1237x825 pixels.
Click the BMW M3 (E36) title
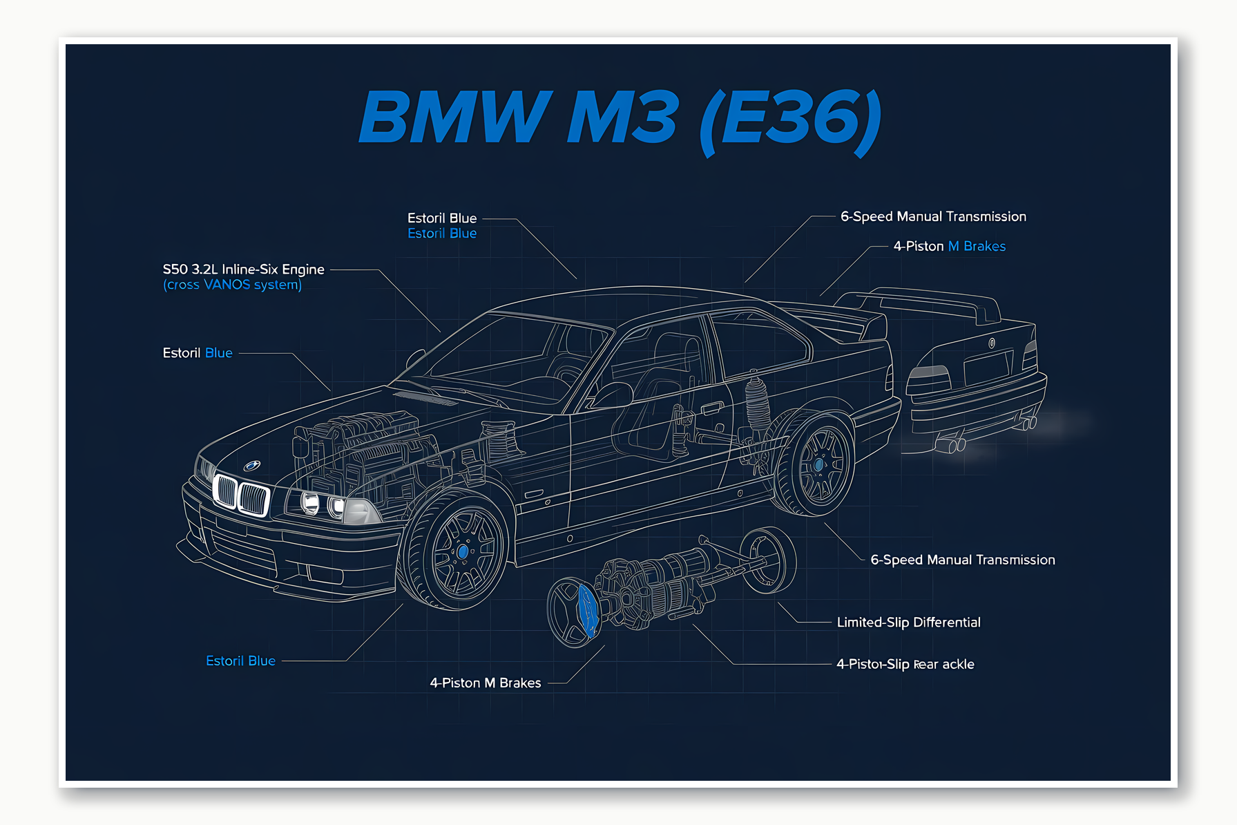[x=620, y=119]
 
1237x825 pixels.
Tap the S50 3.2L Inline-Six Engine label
[x=243, y=269]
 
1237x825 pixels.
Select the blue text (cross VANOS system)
[x=232, y=285]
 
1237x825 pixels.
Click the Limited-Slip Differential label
[x=908, y=623]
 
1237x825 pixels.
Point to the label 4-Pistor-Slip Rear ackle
[x=905, y=665]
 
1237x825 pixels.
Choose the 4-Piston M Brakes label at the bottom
[x=485, y=683]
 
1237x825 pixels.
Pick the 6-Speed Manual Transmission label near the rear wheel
[x=962, y=560]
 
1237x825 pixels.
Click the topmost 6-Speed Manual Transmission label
[x=933, y=217]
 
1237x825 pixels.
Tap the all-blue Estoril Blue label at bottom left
[x=240, y=661]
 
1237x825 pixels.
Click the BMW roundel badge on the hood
[x=252, y=466]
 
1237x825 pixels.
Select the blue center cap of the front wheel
[x=463, y=551]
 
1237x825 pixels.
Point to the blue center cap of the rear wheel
[x=818, y=465]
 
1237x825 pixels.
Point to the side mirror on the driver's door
[x=611, y=396]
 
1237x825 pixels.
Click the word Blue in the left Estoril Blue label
[x=218, y=353]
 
